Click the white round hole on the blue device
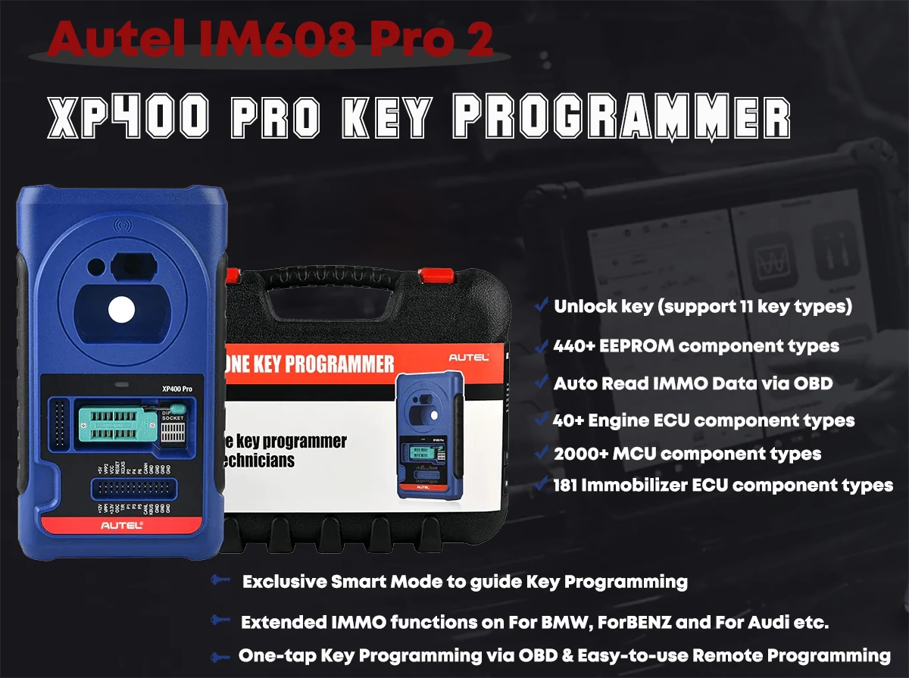[x=121, y=308]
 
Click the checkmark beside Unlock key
[x=541, y=305]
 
